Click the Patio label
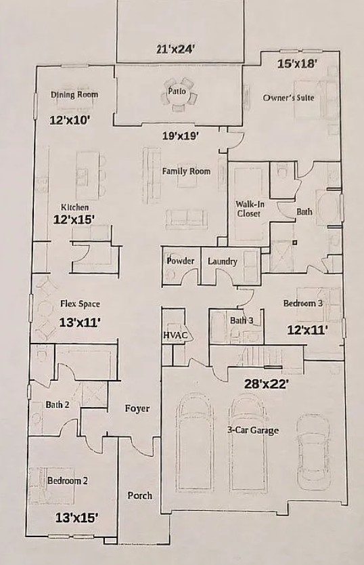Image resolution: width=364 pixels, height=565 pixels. click(x=177, y=91)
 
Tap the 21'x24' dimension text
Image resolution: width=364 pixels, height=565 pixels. click(x=175, y=49)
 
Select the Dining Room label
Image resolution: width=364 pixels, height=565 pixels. click(x=74, y=95)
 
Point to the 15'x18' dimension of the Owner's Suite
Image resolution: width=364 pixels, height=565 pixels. click(x=297, y=64)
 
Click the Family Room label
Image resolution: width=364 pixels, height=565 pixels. click(x=186, y=171)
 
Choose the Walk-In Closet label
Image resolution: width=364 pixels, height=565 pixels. click(x=250, y=209)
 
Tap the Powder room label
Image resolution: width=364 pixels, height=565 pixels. click(x=181, y=261)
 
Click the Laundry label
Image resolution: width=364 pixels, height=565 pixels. click(x=222, y=261)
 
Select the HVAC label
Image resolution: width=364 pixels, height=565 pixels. click(x=175, y=335)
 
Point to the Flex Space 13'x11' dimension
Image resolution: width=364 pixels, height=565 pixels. click(x=79, y=322)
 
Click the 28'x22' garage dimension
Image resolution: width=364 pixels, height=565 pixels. click(x=265, y=384)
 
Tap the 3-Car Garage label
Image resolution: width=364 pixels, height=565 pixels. click(x=253, y=430)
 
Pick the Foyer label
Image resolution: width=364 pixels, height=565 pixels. click(x=137, y=409)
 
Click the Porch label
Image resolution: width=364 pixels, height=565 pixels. click(x=139, y=496)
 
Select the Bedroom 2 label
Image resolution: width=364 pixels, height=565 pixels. click(x=68, y=481)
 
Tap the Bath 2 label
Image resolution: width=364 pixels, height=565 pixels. click(x=58, y=404)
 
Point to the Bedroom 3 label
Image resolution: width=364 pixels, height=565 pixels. click(x=303, y=303)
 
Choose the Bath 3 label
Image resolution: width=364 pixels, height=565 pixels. click(x=242, y=320)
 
